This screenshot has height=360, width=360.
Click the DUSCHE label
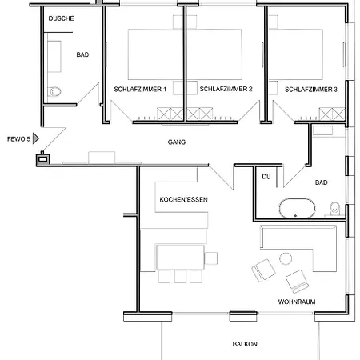(x=61, y=18)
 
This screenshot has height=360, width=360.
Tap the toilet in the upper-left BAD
(x=54, y=92)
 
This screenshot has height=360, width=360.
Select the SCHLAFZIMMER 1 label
(x=140, y=89)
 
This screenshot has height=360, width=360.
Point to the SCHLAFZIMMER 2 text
(x=226, y=89)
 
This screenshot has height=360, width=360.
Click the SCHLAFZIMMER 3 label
(x=311, y=90)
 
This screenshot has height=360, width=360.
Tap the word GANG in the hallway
(x=177, y=142)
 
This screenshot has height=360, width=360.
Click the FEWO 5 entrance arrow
(x=36, y=138)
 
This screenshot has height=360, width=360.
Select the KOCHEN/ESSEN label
(x=183, y=199)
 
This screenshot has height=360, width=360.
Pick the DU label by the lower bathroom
(x=266, y=177)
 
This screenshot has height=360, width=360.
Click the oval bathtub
(x=297, y=208)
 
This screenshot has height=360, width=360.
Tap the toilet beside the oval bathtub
(x=334, y=209)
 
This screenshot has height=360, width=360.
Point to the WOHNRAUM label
(x=297, y=302)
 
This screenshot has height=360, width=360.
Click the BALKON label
(x=245, y=344)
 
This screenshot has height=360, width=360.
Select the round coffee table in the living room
(x=286, y=258)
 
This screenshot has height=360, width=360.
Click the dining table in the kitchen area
(x=180, y=257)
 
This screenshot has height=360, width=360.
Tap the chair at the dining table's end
(x=211, y=258)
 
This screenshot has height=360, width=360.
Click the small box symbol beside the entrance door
(x=43, y=159)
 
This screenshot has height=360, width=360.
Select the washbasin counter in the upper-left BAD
(x=54, y=56)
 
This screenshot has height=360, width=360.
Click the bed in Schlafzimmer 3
(x=296, y=54)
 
